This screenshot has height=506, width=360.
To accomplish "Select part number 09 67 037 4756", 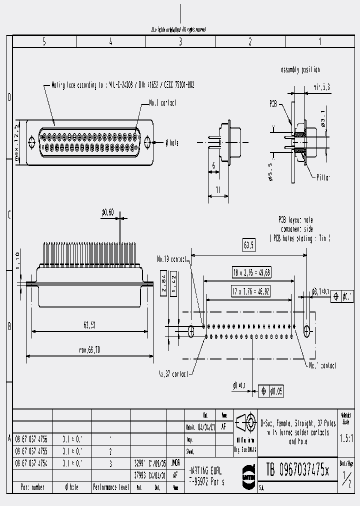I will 31,438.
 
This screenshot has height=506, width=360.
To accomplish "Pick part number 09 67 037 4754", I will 31,463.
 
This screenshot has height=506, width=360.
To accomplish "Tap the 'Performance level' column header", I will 110,487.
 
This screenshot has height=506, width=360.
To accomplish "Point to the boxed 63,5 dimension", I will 248,245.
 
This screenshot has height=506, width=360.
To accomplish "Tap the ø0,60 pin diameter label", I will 108,213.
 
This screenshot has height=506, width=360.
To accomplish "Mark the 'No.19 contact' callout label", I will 171,259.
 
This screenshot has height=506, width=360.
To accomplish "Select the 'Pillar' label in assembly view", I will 323,177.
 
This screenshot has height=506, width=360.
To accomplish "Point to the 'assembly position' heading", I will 300,70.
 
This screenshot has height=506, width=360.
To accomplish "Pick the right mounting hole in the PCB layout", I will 306,329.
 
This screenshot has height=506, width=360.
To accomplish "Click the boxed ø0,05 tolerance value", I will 276,391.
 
